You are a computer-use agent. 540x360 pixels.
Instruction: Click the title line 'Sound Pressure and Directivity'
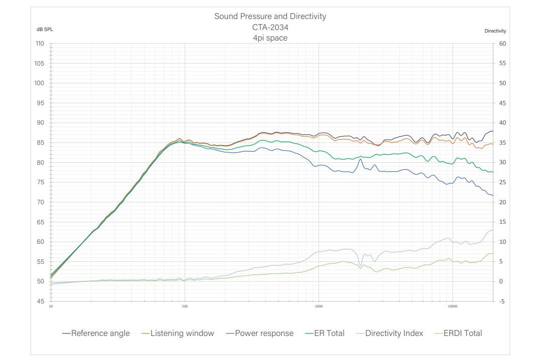tap(270, 16)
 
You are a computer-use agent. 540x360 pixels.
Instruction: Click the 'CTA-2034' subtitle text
tap(270, 27)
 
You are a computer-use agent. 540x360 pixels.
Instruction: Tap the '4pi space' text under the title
tap(270, 38)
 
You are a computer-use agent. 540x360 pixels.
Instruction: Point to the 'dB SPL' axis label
tap(45, 29)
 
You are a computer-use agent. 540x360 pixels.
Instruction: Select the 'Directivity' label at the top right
tap(495, 31)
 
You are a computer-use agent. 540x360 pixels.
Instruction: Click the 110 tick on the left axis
tap(40, 44)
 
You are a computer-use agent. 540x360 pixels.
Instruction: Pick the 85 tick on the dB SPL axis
tap(40, 143)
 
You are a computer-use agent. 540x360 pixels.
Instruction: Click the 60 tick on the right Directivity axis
tap(502, 44)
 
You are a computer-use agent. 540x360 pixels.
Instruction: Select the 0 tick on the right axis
tap(501, 281)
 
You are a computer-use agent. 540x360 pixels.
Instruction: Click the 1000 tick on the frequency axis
tap(319, 306)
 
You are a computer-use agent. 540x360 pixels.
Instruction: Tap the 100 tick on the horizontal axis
tap(185, 306)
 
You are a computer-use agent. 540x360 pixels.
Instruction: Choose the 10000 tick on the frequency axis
tap(453, 306)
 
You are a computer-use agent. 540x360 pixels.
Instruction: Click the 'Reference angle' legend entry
tap(96, 333)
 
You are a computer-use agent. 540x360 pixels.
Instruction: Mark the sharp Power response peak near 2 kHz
tap(360, 160)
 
